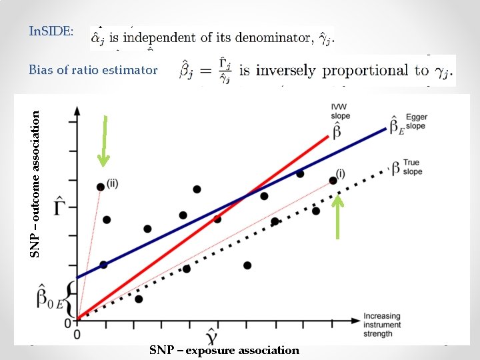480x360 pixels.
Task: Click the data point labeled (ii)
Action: pyautogui.click(x=100, y=187)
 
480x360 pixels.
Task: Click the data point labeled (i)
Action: pyautogui.click(x=333, y=180)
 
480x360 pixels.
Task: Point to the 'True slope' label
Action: pyautogui.click(x=413, y=167)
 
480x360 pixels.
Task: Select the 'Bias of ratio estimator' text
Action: pyautogui.click(x=93, y=69)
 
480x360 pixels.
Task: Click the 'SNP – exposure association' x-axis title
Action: pyautogui.click(x=224, y=350)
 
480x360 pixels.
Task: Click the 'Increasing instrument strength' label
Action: pyautogui.click(x=382, y=325)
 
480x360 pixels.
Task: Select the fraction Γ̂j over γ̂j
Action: pyautogui.click(x=224, y=70)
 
